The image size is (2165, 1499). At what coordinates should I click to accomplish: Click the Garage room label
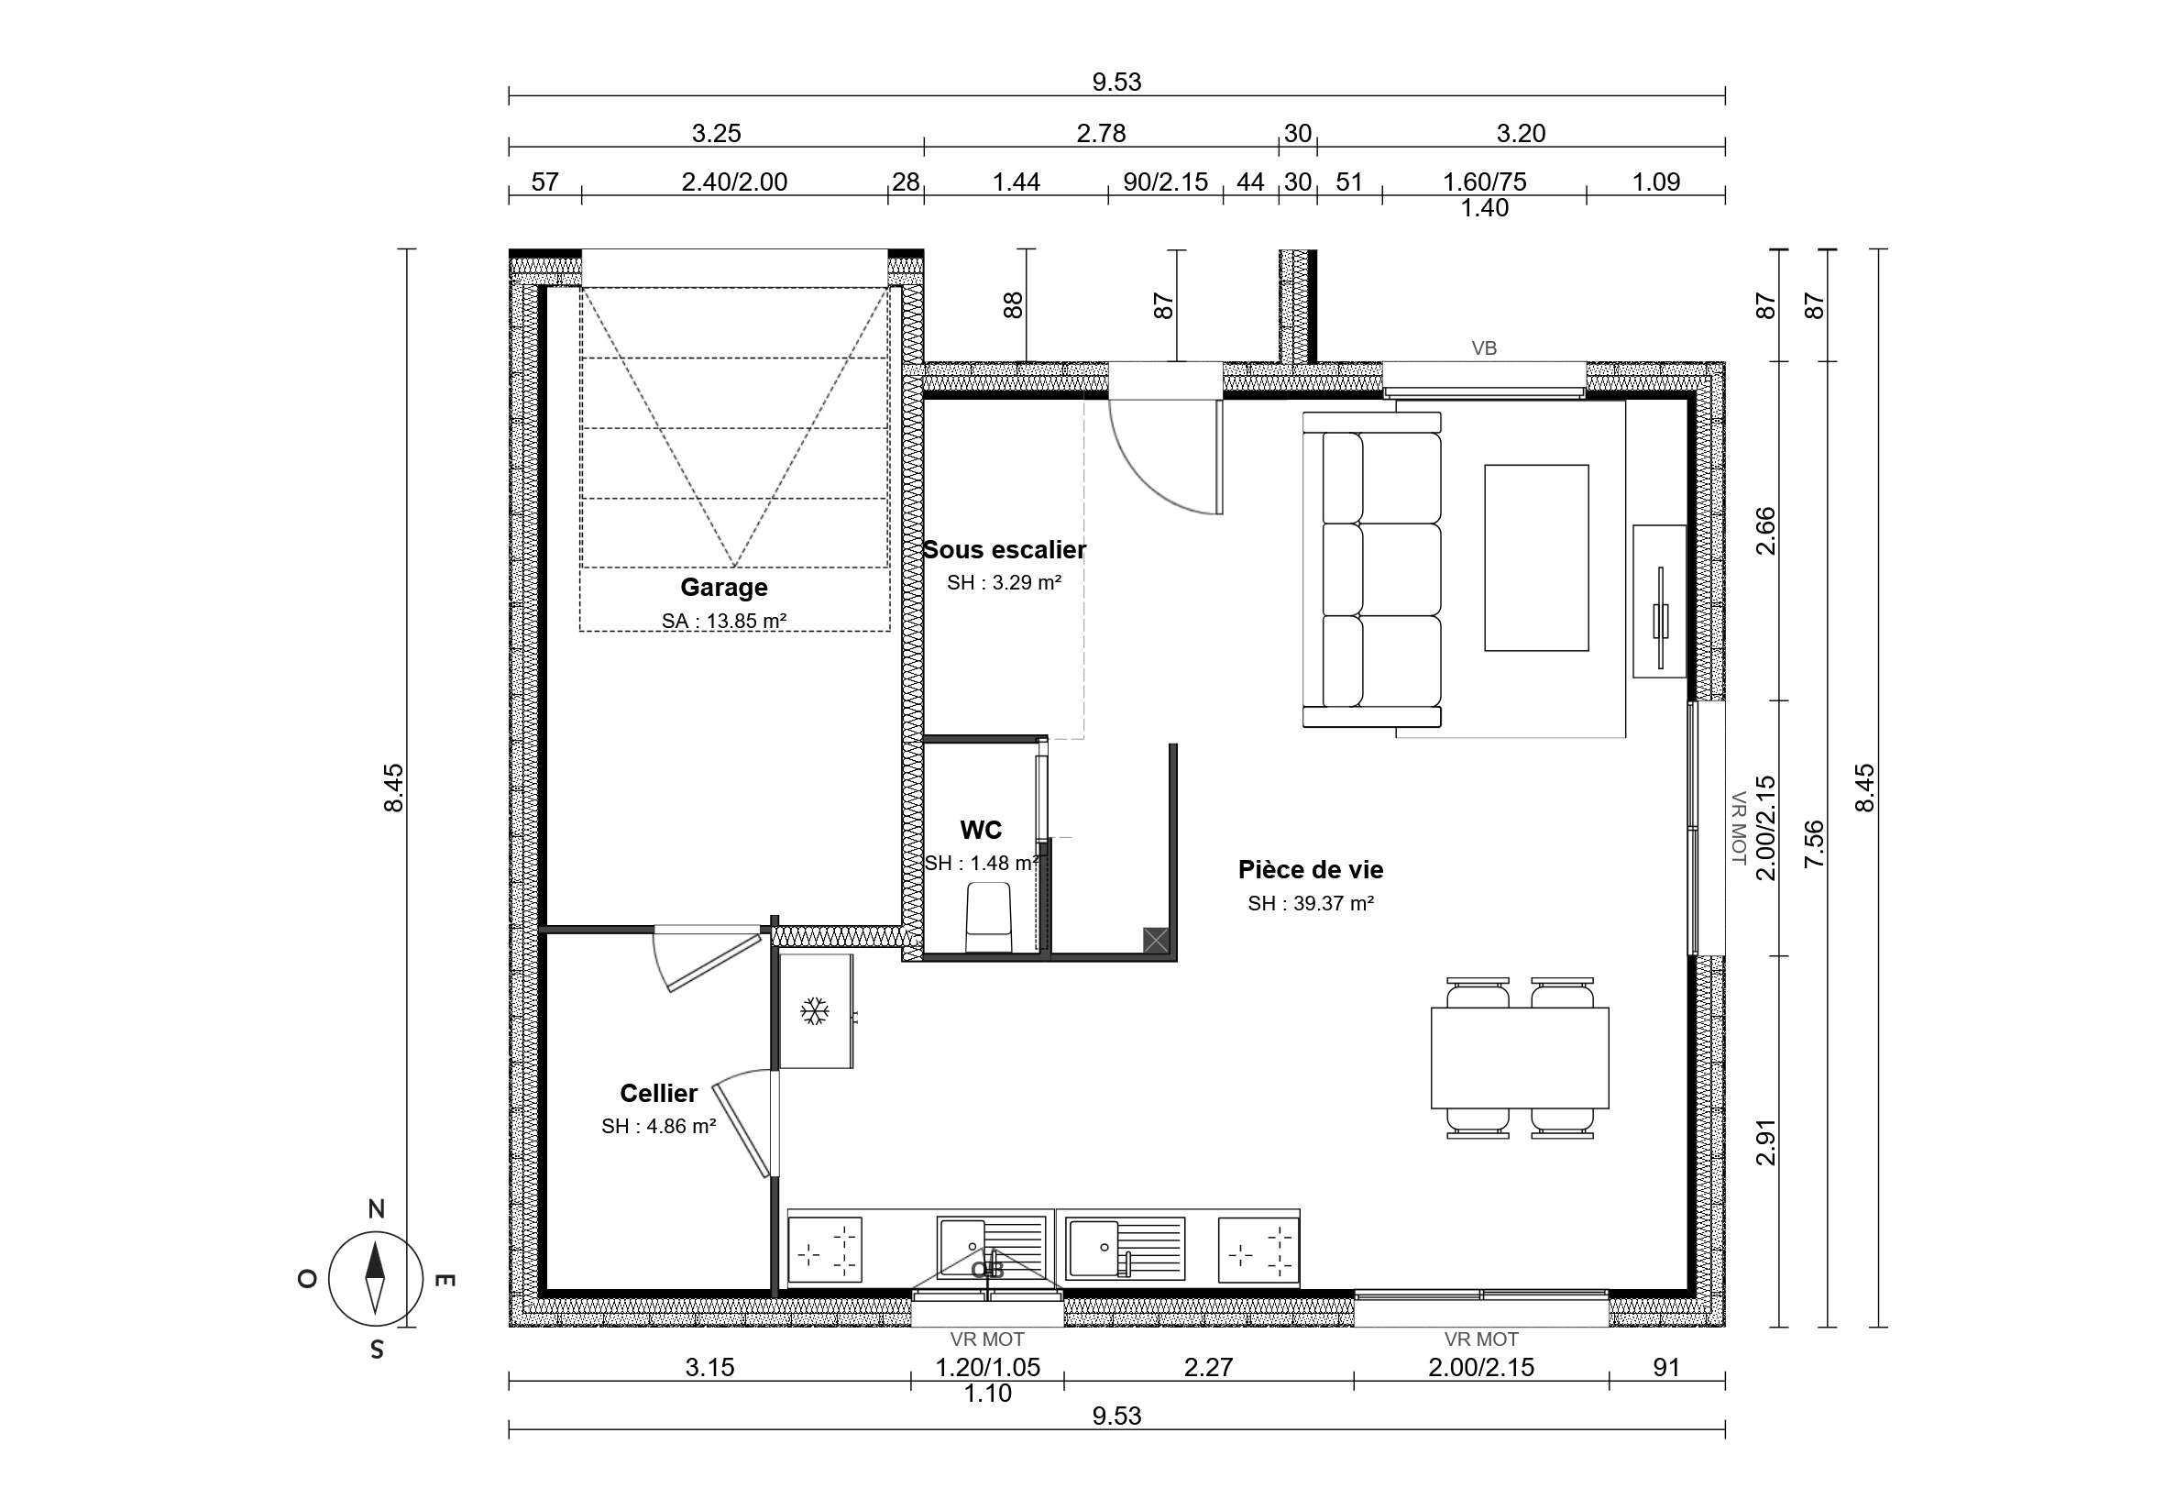pos(724,587)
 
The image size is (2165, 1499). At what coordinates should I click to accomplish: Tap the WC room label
pos(981,830)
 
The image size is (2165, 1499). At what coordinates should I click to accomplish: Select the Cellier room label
pos(658,1093)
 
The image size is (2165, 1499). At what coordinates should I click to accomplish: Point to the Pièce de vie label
pos(1311,870)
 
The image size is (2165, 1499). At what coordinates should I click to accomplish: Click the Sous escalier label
pos(1004,549)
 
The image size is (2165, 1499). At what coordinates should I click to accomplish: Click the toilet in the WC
pos(989,917)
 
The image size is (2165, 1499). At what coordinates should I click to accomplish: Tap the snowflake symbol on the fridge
pos(815,1011)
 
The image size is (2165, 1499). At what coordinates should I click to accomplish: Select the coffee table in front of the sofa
pos(1536,558)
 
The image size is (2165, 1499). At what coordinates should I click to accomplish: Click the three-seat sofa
pos(1371,569)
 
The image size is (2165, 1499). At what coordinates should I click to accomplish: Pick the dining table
pos(1520,1059)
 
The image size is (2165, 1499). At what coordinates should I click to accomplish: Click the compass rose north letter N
pos(377,1208)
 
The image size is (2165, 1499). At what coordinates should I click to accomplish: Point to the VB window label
pos(1484,348)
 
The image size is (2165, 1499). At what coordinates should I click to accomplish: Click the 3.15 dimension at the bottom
pos(709,1368)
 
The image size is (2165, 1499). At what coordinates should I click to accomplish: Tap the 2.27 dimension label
pos(1208,1368)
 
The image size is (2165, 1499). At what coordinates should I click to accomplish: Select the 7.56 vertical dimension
pos(1815,843)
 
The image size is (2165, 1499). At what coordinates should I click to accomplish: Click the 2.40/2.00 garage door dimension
pos(734,182)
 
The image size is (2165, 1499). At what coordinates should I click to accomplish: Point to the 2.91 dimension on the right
pos(1766,1142)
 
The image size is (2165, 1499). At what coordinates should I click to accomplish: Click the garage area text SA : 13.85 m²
pos(724,621)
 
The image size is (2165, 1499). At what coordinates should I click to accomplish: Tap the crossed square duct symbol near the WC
pos(1156,940)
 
